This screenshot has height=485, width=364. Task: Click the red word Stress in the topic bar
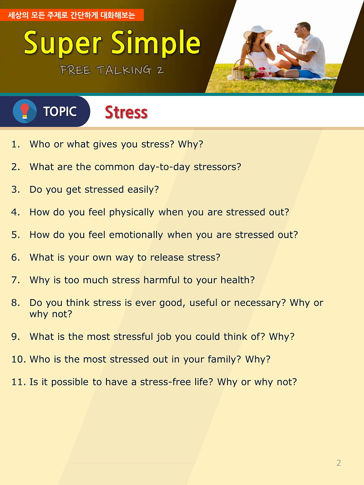[126, 112]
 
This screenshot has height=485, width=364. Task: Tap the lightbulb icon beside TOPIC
[25, 111]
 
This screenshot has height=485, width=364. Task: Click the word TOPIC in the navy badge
[60, 111]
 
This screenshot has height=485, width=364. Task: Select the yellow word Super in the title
[62, 43]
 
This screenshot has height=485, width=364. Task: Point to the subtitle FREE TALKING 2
[112, 70]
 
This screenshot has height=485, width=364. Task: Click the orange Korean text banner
[72, 15]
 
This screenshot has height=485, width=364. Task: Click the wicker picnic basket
[243, 70]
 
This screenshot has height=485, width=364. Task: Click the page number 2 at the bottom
[339, 463]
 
